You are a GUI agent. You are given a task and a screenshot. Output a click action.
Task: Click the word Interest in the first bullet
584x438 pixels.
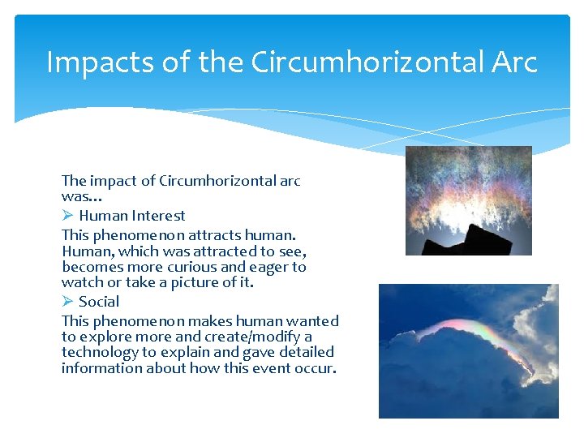pos(156,216)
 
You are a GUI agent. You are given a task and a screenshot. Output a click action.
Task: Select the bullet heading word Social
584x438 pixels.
pos(99,302)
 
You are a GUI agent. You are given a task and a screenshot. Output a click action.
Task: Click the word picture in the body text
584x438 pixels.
pos(204,282)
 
